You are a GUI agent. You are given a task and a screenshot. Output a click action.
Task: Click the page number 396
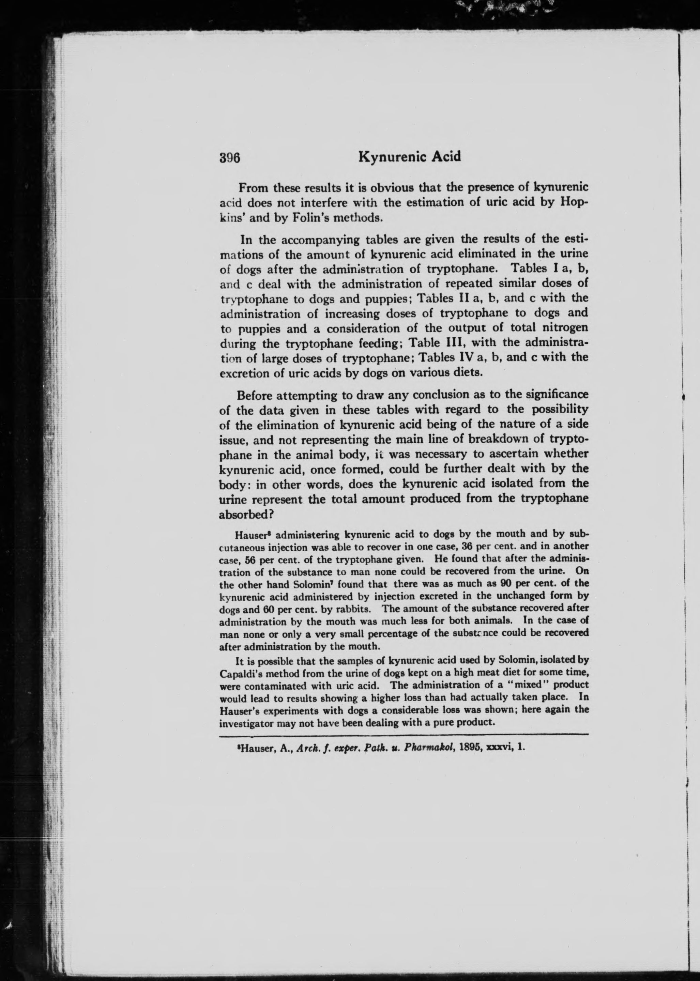(229, 158)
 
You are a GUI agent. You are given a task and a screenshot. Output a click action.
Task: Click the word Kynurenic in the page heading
(389, 156)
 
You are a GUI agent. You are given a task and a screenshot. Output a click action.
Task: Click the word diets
(467, 372)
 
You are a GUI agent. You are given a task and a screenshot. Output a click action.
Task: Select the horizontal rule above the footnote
(404, 734)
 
